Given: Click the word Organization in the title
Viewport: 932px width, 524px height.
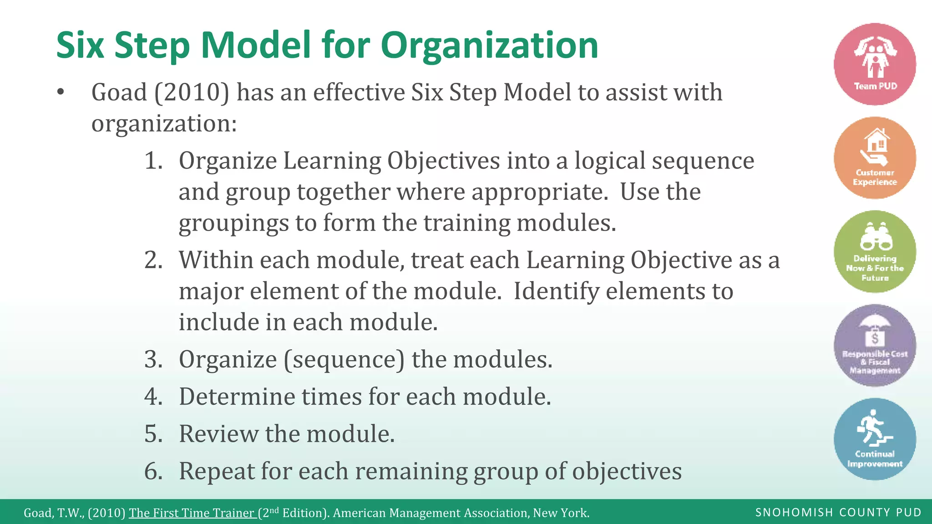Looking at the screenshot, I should pos(489,45).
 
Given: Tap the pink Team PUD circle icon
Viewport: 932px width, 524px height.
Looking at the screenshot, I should pos(875,64).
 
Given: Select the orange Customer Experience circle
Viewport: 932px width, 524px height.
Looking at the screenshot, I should pos(875,158).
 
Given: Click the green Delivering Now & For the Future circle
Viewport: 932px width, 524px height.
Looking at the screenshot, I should pos(875,252).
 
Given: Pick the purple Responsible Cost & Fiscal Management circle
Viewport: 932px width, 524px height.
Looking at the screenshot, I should pos(875,345).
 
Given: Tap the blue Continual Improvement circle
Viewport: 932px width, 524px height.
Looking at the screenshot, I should pos(875,439).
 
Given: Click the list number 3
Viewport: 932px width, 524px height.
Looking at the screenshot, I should pos(153,359).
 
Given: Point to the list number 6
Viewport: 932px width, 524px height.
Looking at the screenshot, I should pos(153,471).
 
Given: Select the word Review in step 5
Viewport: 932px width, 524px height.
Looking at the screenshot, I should pos(219,434).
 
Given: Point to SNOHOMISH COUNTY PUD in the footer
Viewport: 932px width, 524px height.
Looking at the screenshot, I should pos(838,513).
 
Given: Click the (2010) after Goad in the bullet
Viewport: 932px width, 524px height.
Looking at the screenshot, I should pos(192,93).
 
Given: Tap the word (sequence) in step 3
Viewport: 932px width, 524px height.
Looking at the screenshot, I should pos(344,359).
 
